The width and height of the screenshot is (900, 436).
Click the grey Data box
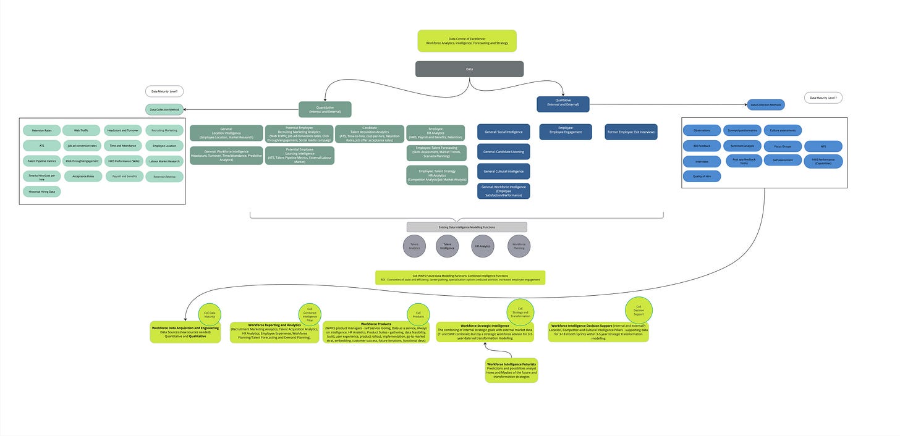[469, 69]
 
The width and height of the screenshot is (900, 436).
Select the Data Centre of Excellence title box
[467, 41]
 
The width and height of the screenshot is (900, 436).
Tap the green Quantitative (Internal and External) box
[325, 109]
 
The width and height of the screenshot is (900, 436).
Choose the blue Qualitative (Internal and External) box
[562, 104]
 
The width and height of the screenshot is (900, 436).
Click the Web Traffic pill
[81, 130]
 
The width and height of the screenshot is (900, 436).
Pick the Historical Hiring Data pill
[41, 191]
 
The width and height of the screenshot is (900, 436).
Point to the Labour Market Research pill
[164, 161]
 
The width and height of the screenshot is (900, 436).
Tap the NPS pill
[823, 146]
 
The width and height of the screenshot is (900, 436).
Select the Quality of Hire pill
[702, 177]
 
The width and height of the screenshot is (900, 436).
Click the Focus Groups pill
[783, 146]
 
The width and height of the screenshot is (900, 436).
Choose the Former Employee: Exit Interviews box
[630, 132]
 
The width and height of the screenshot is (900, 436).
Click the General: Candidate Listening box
[503, 151]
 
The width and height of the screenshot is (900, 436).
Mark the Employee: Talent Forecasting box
[436, 153]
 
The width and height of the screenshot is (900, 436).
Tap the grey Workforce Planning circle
[519, 246]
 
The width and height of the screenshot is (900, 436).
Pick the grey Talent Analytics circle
[414, 246]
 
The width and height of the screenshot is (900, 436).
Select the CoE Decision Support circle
[639, 309]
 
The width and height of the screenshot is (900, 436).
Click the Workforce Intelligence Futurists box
[511, 370]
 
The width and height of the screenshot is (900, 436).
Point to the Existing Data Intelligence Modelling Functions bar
[467, 227]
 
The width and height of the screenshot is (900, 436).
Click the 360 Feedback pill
[702, 146]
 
